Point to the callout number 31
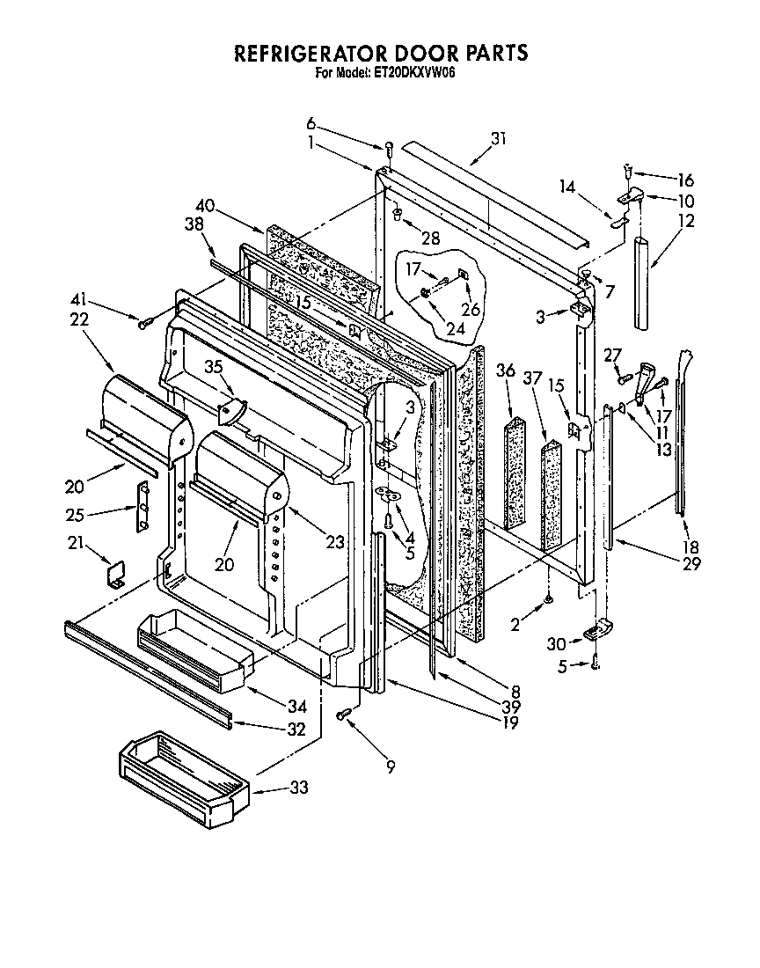coord(499,137)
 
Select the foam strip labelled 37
coord(552,493)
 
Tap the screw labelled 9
coord(344,714)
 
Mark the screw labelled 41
coord(144,325)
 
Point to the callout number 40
coord(206,205)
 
